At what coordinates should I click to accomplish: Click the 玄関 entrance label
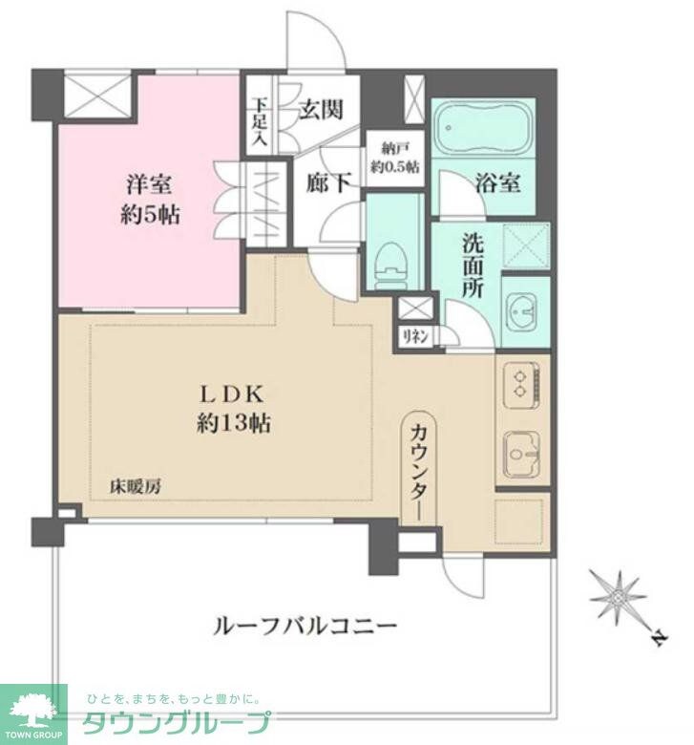point(320,109)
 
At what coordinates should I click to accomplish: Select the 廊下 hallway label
point(327,182)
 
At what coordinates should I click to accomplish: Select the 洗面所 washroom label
point(473,263)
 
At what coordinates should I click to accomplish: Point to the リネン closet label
point(413,335)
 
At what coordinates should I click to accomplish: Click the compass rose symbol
point(620,599)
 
